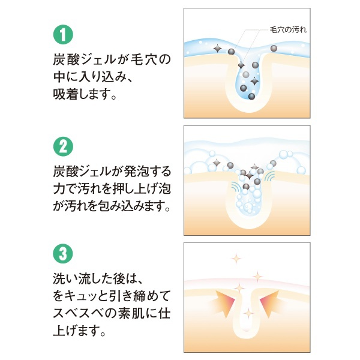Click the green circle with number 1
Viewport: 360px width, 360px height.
[63, 34]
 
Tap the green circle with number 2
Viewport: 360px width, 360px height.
[63, 147]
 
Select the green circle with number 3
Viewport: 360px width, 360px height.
[63, 253]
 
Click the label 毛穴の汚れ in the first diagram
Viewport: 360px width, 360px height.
[288, 30]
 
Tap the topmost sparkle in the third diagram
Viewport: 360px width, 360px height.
[236, 259]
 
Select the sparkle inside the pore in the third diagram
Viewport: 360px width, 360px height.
[248, 313]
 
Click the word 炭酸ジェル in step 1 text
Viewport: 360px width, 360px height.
[84, 59]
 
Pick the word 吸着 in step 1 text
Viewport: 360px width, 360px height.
[65, 94]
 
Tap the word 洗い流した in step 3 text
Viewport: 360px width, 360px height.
[89, 278]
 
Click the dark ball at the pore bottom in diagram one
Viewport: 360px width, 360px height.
[251, 97]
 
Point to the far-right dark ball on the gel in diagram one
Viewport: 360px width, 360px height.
[274, 49]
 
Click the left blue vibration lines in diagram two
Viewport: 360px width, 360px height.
[236, 187]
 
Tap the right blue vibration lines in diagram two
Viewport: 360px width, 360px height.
[269, 176]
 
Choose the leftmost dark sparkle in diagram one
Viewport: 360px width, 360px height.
[217, 49]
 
